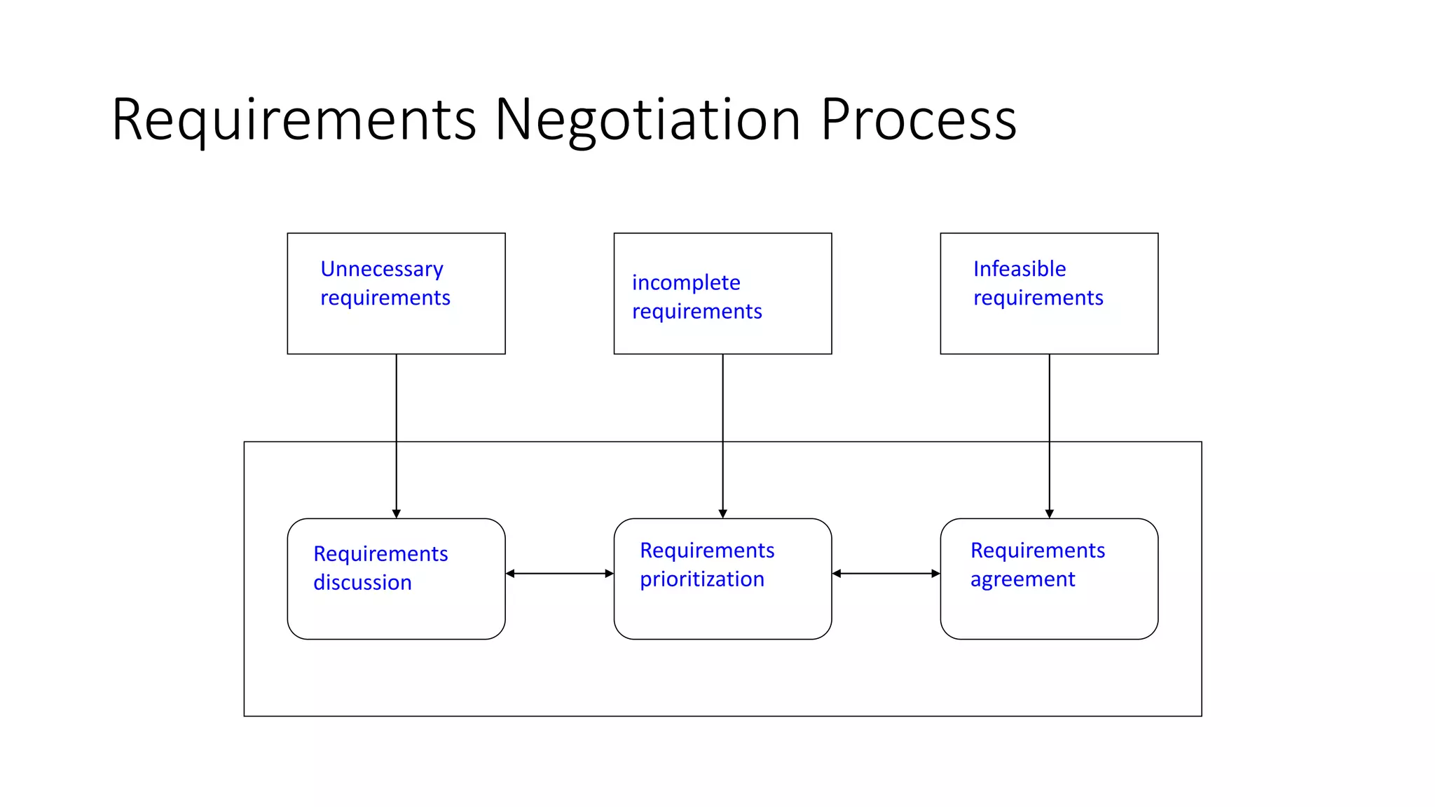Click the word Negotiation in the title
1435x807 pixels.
point(648,120)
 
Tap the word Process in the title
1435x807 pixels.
point(918,120)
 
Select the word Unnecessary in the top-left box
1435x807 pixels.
point(382,270)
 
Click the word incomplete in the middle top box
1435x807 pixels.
point(686,282)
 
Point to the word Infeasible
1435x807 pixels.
point(1019,269)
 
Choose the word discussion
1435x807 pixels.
point(362,583)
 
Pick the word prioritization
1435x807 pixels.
point(701,580)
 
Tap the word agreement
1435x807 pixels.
point(1022,580)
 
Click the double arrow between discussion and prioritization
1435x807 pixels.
point(559,574)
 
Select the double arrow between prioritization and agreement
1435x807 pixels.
point(886,574)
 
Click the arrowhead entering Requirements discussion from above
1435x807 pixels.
point(397,513)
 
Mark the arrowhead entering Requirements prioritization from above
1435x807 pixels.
point(723,513)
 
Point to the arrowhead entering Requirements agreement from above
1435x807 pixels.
point(1050,513)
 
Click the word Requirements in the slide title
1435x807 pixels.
point(294,120)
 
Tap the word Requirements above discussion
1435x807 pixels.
point(380,554)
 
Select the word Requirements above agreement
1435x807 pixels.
point(1038,551)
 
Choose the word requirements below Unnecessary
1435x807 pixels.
point(385,298)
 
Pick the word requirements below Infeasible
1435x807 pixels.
point(1038,298)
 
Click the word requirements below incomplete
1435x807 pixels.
point(697,312)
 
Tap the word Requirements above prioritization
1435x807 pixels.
point(707,551)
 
